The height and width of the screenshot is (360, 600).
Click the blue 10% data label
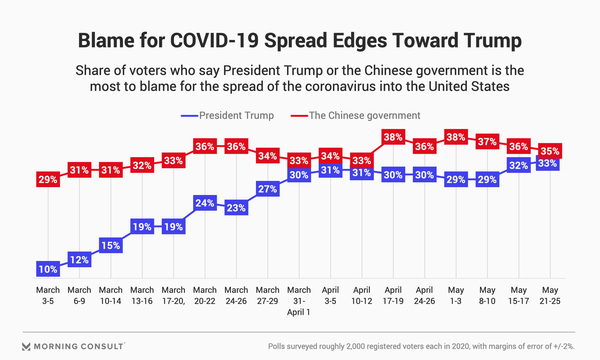48,269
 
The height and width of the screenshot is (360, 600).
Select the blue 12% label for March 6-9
79,260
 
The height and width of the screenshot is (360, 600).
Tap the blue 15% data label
111,245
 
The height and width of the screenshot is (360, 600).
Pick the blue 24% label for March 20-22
205,203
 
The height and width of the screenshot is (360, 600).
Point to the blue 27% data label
267,189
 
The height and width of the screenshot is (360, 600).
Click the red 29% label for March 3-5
48,179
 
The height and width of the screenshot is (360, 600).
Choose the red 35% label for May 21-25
550,151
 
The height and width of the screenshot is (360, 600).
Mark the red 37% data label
487,142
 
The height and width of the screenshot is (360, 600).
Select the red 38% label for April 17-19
393,137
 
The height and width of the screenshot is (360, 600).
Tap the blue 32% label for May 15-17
519,165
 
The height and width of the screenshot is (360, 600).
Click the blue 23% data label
236,208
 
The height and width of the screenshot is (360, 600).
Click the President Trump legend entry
227,116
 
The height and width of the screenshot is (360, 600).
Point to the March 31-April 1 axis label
299,301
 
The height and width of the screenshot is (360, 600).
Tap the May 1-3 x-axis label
456,295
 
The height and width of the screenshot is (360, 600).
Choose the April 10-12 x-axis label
362,295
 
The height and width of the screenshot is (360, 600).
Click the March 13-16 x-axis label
142,295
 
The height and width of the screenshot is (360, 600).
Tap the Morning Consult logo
74,346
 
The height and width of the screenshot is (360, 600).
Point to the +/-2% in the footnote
564,346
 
